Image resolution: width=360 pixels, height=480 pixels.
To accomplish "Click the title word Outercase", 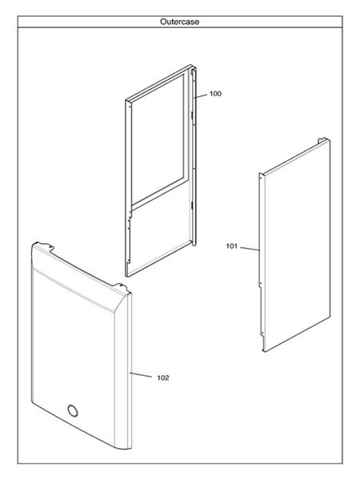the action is coord(179,22).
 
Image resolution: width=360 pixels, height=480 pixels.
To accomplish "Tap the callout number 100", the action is coord(215,94).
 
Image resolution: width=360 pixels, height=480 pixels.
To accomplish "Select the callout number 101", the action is coord(232,246).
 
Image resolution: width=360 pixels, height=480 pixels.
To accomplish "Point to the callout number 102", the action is coord(163,378).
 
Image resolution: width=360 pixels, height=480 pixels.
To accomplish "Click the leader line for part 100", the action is coord(200,96).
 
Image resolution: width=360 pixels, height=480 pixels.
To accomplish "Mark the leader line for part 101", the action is coord(250,249).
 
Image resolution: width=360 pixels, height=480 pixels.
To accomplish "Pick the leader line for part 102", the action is coord(141,374).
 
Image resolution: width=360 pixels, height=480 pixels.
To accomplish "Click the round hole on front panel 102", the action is coord(73,410).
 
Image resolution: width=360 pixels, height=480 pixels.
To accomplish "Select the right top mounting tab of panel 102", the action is coord(121,287).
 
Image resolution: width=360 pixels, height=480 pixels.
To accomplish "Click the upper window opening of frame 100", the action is coord(158,138).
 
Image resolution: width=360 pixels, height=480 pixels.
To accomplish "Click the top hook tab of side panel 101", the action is coord(322,141).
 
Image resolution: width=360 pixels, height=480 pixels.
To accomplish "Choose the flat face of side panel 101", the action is coord(297,245).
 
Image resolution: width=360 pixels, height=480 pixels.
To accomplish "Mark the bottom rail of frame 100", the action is coord(159,258).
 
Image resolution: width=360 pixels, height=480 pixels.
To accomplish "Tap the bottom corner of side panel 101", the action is coord(264,351).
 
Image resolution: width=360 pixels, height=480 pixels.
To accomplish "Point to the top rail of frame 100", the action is coord(158,82).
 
